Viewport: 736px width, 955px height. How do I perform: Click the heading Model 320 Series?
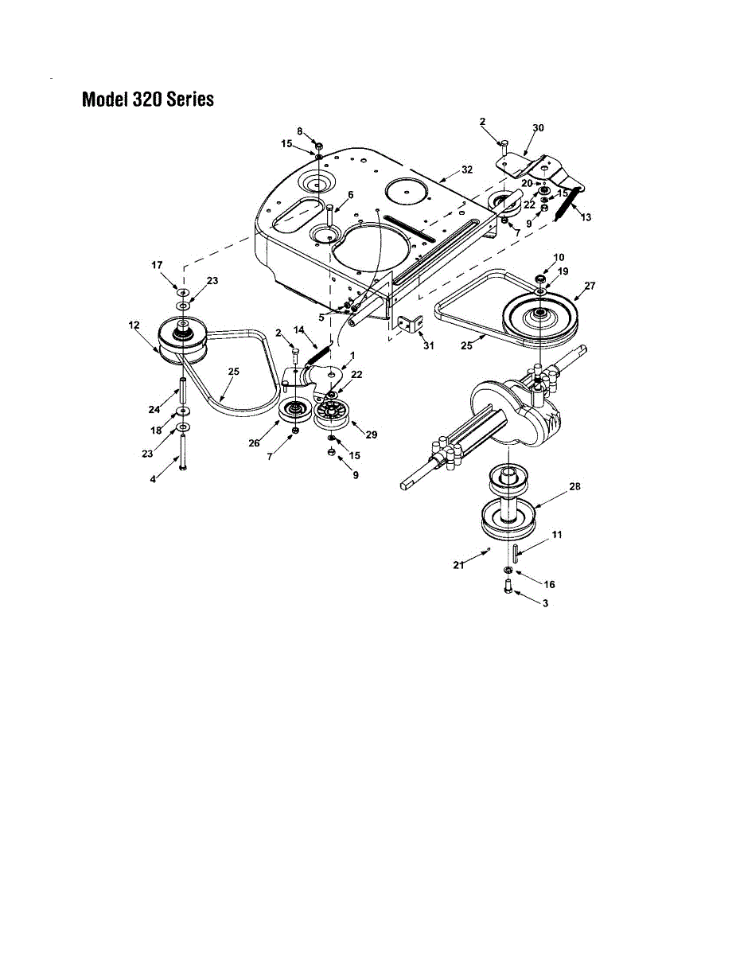coord(148,100)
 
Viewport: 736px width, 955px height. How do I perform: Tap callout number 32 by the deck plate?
coord(467,170)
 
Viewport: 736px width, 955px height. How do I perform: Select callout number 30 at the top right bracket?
coord(539,128)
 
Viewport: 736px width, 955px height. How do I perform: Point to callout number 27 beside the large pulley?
coord(589,285)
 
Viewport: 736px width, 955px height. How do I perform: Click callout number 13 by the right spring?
coord(586,216)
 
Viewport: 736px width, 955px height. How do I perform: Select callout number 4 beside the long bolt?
coord(154,479)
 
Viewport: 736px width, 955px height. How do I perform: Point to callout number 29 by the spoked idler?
coord(372,435)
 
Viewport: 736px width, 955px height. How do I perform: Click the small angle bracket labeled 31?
coord(408,325)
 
